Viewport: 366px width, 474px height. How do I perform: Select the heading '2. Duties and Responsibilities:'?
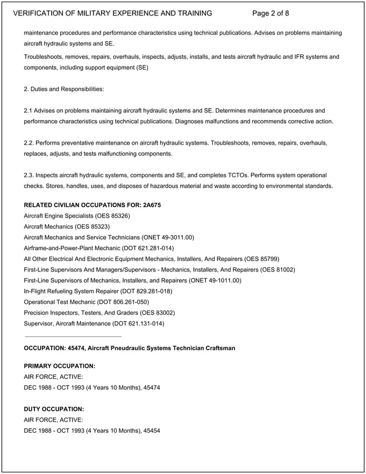[x=64, y=89]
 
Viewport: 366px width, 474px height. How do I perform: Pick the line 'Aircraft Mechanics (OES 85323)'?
[x=67, y=227]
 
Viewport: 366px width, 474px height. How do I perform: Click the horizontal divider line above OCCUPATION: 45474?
[x=73, y=336]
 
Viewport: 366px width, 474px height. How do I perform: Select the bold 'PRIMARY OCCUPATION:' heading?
[x=60, y=366]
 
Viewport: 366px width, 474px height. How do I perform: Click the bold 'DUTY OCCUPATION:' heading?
[x=54, y=409]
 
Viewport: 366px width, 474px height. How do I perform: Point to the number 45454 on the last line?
[x=151, y=430]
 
